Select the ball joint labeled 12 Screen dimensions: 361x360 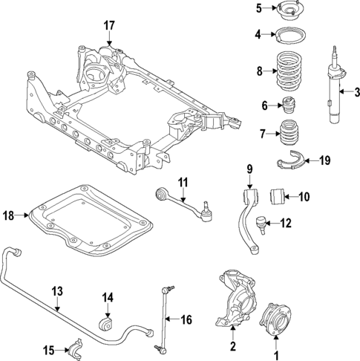[x=262, y=221]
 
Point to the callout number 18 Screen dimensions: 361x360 [x=9, y=215]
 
